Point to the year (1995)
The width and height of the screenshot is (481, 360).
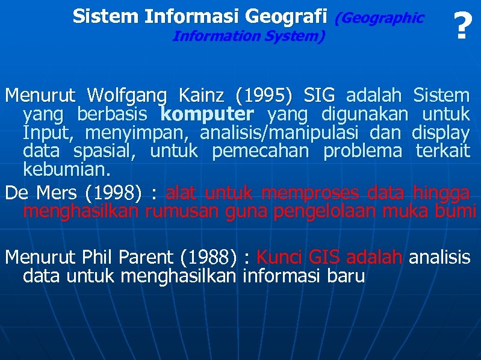(264, 95)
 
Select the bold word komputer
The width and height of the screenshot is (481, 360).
(207, 114)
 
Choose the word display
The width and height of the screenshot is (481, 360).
(441, 132)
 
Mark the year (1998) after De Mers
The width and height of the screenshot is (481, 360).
(114, 193)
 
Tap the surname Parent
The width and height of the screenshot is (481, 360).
(147, 258)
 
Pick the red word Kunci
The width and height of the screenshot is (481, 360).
(279, 258)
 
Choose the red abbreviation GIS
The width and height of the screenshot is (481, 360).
(324, 258)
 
